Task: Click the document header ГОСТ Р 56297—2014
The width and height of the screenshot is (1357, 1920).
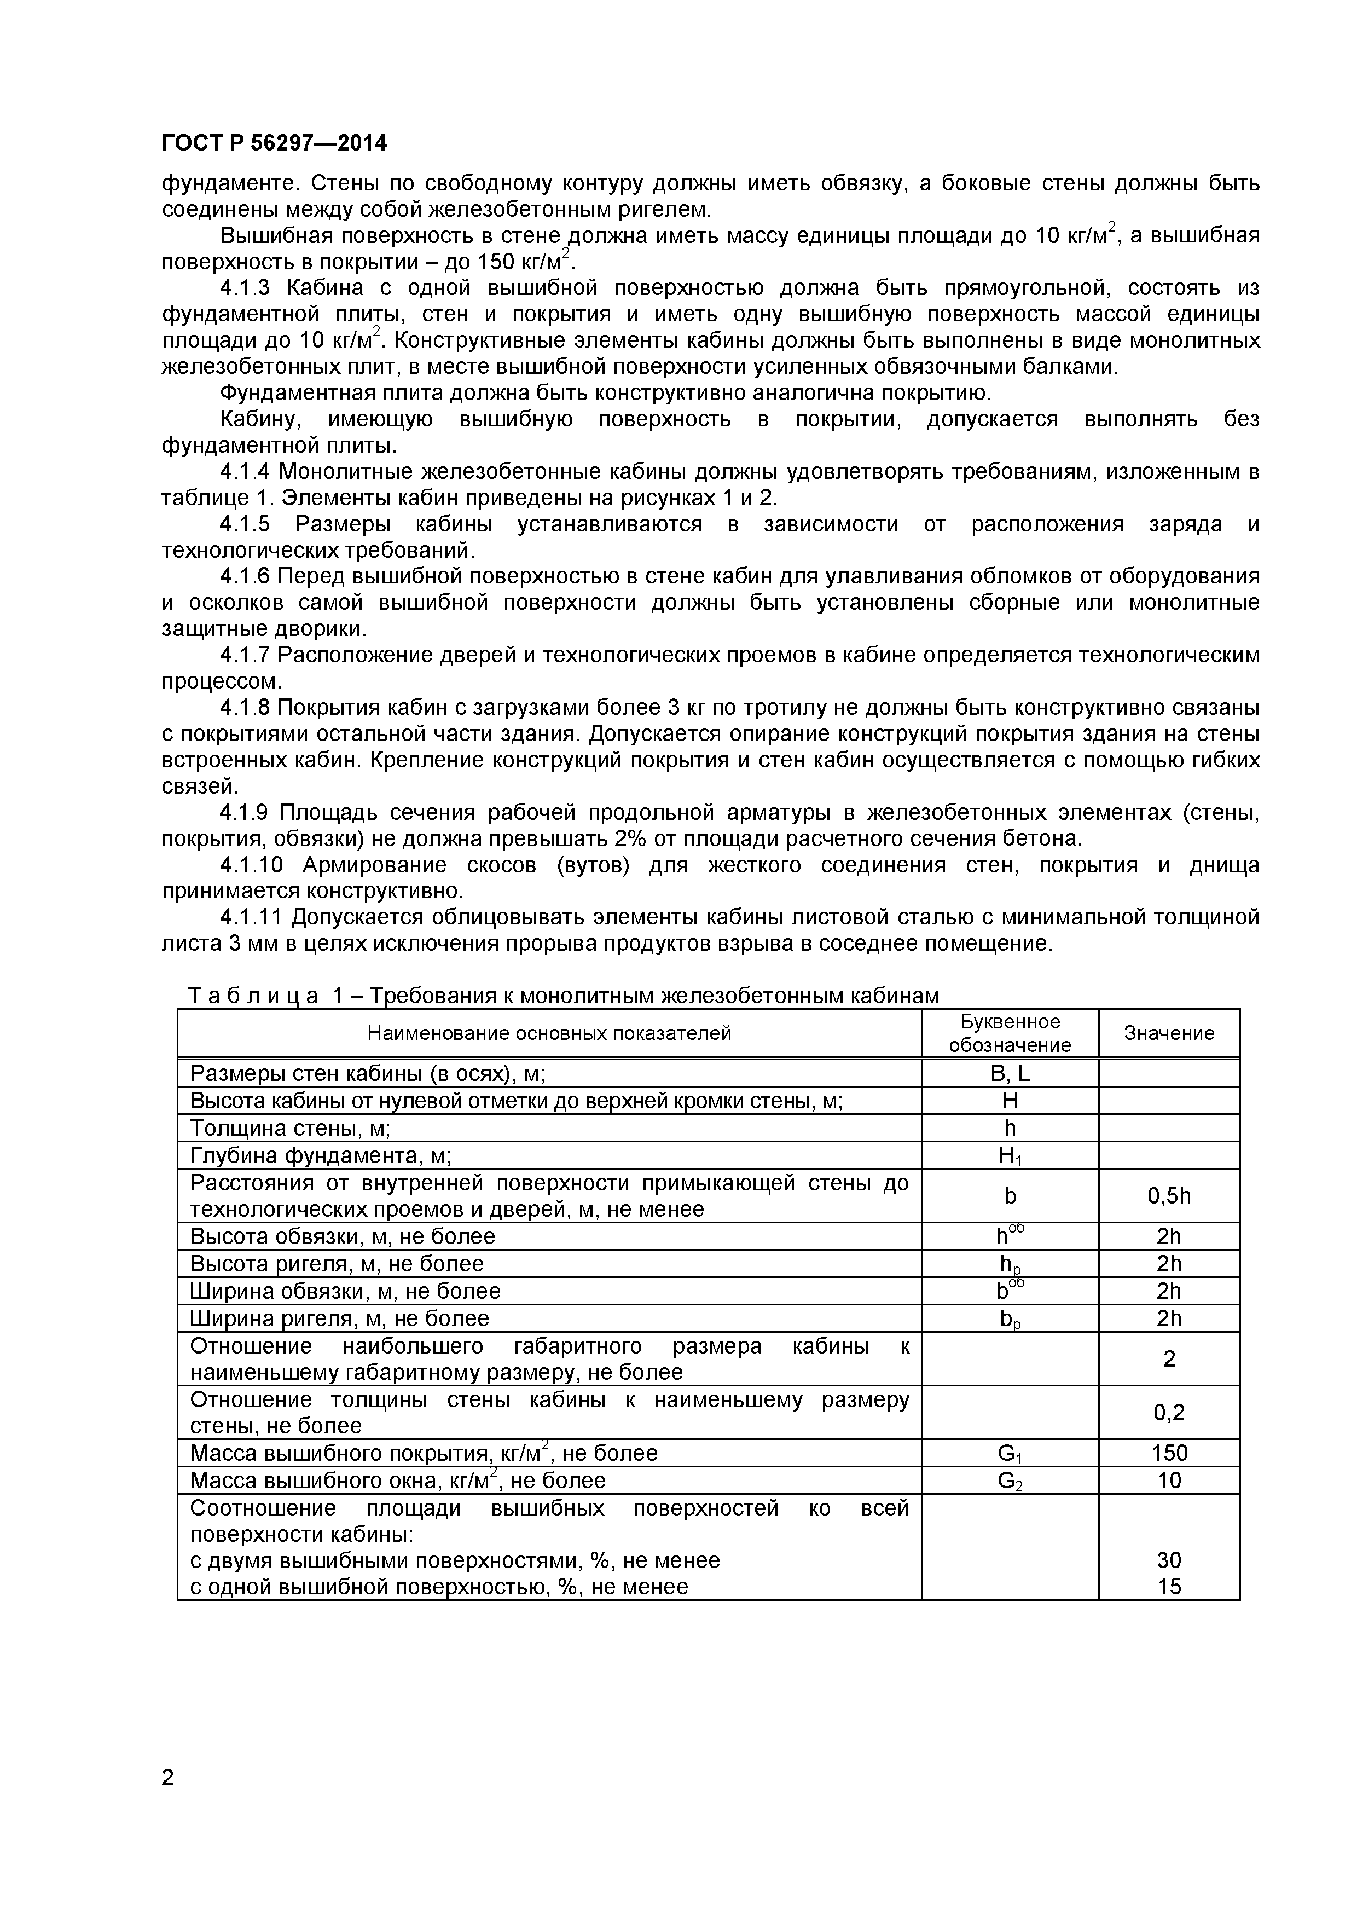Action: pos(274,143)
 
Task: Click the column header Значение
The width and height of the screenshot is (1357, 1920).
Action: pos(1168,1033)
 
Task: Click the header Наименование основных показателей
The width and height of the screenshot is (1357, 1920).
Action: pos(549,1033)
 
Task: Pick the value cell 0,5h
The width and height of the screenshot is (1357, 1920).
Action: pos(1168,1196)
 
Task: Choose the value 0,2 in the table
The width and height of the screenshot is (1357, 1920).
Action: pos(1168,1413)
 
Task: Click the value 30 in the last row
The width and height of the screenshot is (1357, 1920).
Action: pos(1168,1560)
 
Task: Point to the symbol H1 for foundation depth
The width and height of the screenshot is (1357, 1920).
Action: pos(1009,1156)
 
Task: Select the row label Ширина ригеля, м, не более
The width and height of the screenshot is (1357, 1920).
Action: pos(339,1318)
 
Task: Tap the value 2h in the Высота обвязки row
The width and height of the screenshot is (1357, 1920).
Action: pos(1168,1237)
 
